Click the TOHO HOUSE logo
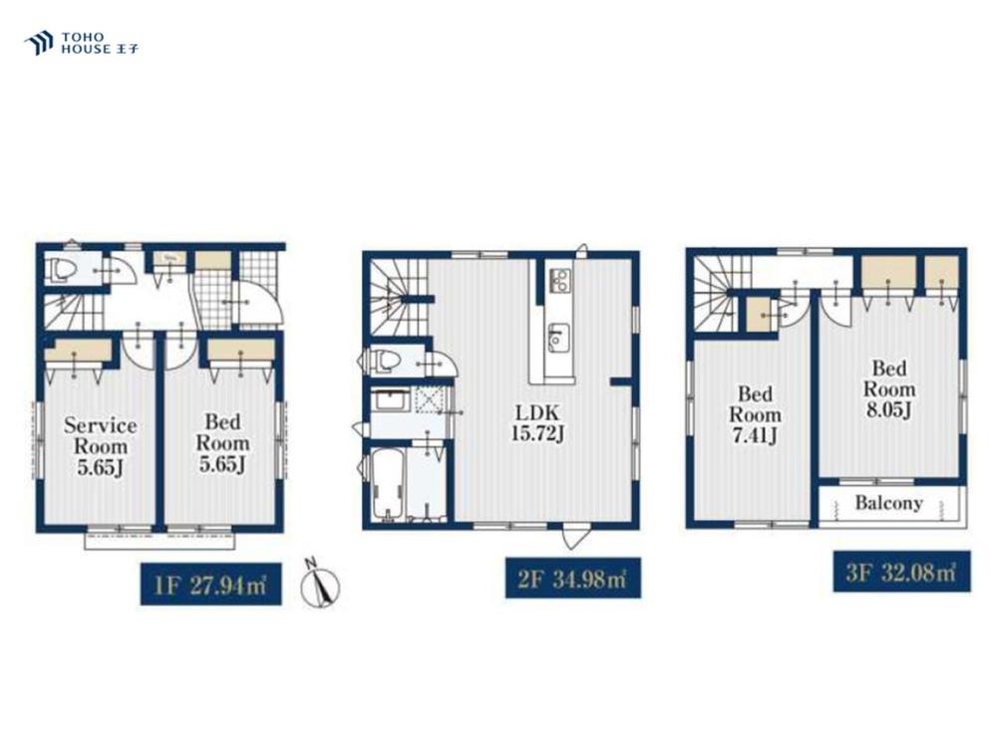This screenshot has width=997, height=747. coord(82,43)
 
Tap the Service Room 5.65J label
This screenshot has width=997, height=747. coord(101,446)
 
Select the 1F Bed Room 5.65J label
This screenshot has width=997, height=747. coord(222,443)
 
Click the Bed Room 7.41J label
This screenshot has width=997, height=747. coord(755,414)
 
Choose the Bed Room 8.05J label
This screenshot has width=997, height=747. coord(889,388)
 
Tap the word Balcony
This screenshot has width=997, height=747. coord(888,503)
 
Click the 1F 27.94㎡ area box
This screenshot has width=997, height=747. coord(210,584)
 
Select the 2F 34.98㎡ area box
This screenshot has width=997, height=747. coord(573,578)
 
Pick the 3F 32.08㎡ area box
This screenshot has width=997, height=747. coord(901,571)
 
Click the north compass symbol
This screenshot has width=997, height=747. coord(320,582)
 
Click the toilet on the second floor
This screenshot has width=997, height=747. coord(385,362)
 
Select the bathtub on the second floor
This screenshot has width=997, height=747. coord(388,483)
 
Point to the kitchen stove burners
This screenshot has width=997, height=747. coord(560,280)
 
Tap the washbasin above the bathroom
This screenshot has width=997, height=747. coord(391,400)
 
